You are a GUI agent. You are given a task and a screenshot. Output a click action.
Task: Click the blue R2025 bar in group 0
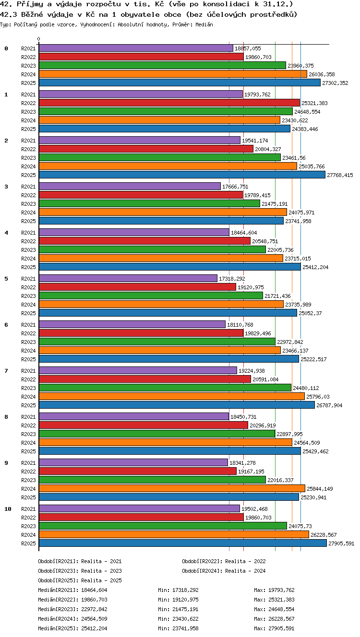coord(180,83)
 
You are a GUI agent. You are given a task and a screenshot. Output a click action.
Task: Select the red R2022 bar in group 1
coord(169,103)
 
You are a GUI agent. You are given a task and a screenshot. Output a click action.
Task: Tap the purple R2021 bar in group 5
coord(128,278)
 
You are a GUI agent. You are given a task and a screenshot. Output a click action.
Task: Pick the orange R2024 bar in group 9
coord(172,489)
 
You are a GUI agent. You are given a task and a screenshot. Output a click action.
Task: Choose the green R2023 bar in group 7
coord(165,388)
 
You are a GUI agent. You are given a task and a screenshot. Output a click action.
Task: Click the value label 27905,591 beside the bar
coord(341,543)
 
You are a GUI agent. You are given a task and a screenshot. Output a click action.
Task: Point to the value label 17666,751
coord(235,187)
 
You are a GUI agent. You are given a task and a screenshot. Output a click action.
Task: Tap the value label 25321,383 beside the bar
coord(314,103)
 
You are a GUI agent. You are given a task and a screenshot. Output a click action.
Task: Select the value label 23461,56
coord(294,158)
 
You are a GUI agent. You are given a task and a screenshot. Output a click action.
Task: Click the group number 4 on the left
coord(6,233)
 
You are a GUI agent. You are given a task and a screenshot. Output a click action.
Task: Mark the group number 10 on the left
coord(8,509)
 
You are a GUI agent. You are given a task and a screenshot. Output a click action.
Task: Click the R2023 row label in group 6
coord(28,342)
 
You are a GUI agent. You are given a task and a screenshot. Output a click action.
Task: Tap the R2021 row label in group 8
coord(28,417)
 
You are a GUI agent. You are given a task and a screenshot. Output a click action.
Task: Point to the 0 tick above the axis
coord(39,39)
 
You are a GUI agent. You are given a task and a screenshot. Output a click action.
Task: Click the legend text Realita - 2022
coord(245,561)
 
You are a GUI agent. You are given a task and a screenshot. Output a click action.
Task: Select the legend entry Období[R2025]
coord(58,580)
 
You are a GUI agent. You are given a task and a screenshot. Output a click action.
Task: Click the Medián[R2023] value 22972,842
coord(94,609)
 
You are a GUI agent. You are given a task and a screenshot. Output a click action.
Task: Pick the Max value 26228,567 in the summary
coord(281,619)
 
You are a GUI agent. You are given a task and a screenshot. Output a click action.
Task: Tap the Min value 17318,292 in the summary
coord(185,590)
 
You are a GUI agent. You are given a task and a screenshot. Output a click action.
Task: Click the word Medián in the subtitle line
coord(204,25)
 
